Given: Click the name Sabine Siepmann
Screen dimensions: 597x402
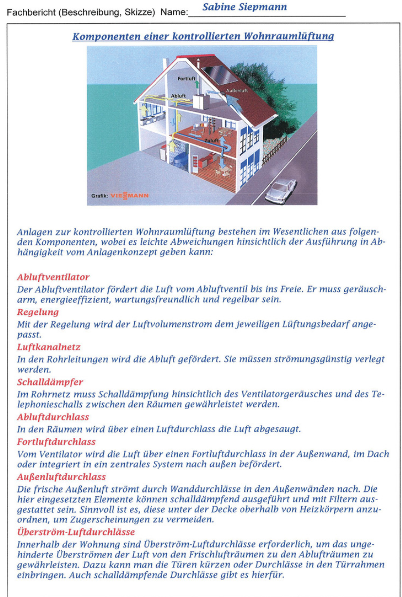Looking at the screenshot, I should pos(244,7).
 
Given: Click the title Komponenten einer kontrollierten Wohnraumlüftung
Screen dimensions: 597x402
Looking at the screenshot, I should pos(203,36).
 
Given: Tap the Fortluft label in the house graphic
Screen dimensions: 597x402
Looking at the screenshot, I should pos(186,78).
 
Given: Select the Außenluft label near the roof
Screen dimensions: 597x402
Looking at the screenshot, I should pos(238,91).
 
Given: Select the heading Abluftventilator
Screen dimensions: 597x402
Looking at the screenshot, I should pos(53,277).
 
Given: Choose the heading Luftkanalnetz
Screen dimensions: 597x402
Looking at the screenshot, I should pos(49,347).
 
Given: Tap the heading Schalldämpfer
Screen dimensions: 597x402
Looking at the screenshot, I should pos(50,382).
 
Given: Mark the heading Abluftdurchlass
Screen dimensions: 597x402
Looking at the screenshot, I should pos(53,417).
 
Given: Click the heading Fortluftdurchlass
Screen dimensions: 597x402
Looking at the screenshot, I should pos(56,442).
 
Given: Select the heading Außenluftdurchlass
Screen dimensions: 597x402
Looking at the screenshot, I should pos(61,477).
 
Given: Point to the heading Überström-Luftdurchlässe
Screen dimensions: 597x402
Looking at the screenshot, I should pos(75,532).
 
